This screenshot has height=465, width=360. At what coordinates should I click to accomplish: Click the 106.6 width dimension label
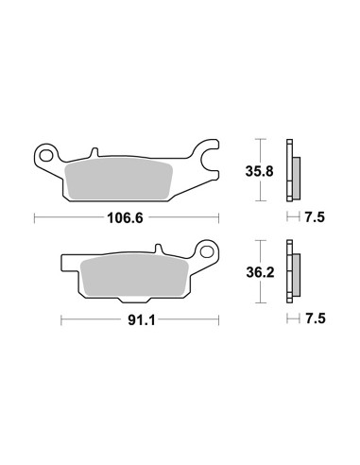pyautogui.click(x=125, y=217)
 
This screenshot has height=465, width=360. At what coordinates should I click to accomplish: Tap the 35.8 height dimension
pyautogui.click(x=260, y=172)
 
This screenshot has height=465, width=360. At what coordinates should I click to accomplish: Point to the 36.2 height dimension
pyautogui.click(x=260, y=273)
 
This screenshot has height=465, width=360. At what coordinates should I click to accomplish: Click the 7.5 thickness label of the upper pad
pyautogui.click(x=315, y=217)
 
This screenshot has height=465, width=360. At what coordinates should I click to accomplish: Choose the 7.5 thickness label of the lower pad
pyautogui.click(x=316, y=319)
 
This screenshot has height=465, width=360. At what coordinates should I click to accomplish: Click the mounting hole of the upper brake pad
pyautogui.click(x=45, y=156)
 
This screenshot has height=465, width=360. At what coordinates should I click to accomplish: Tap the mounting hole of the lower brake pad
pyautogui.click(x=207, y=251)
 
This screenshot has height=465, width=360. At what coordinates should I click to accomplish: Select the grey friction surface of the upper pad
pyautogui.click(x=118, y=179)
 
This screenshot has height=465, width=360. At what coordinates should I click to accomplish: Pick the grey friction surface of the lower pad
pyautogui.click(x=134, y=274)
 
